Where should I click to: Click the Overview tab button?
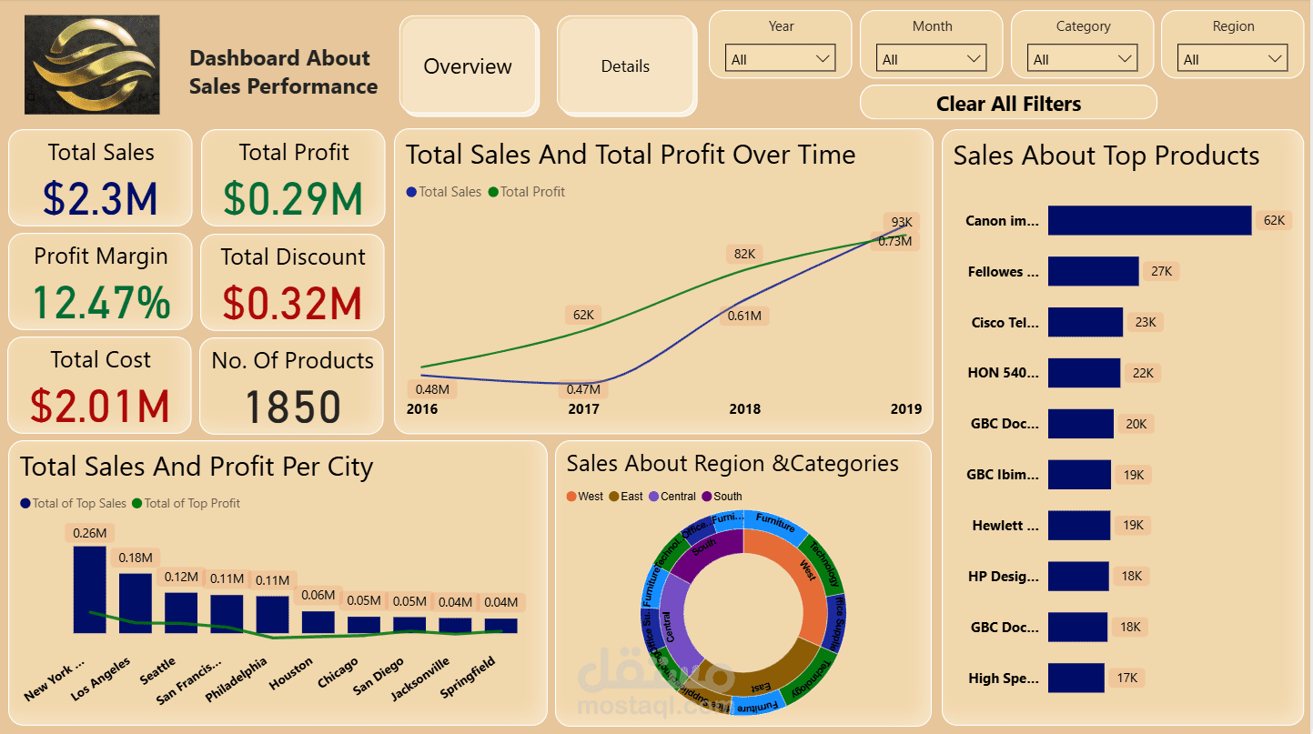point(468,66)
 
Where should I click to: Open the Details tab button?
point(625,66)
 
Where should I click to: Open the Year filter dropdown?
point(780,59)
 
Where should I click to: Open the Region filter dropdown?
point(1232,59)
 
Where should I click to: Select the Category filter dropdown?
point(1083,59)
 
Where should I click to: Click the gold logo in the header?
point(92,65)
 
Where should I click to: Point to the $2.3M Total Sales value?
point(100,199)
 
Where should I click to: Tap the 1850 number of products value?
point(292,407)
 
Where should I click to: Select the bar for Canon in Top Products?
point(1149,220)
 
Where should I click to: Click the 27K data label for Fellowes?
point(1161,271)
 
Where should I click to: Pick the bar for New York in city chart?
point(89,589)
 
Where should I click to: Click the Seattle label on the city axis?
point(157,671)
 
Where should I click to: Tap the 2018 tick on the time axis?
point(744,409)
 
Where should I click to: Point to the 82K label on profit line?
point(744,254)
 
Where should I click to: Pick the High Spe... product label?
point(1002,678)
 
